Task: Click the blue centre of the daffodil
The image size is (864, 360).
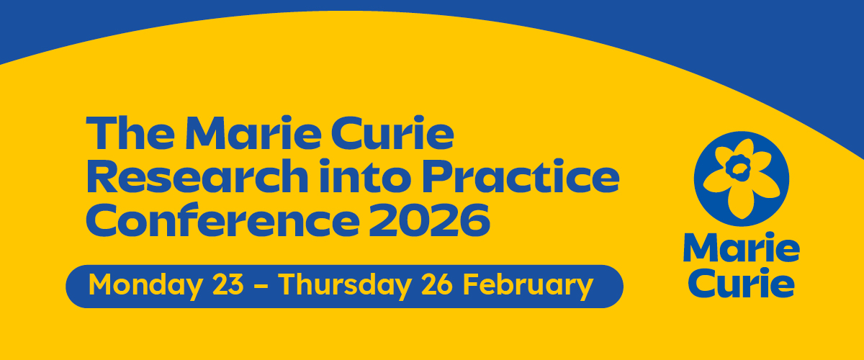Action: (x=737, y=168)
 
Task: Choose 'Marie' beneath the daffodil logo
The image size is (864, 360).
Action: (x=741, y=249)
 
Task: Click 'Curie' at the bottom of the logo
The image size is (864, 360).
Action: (x=741, y=283)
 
